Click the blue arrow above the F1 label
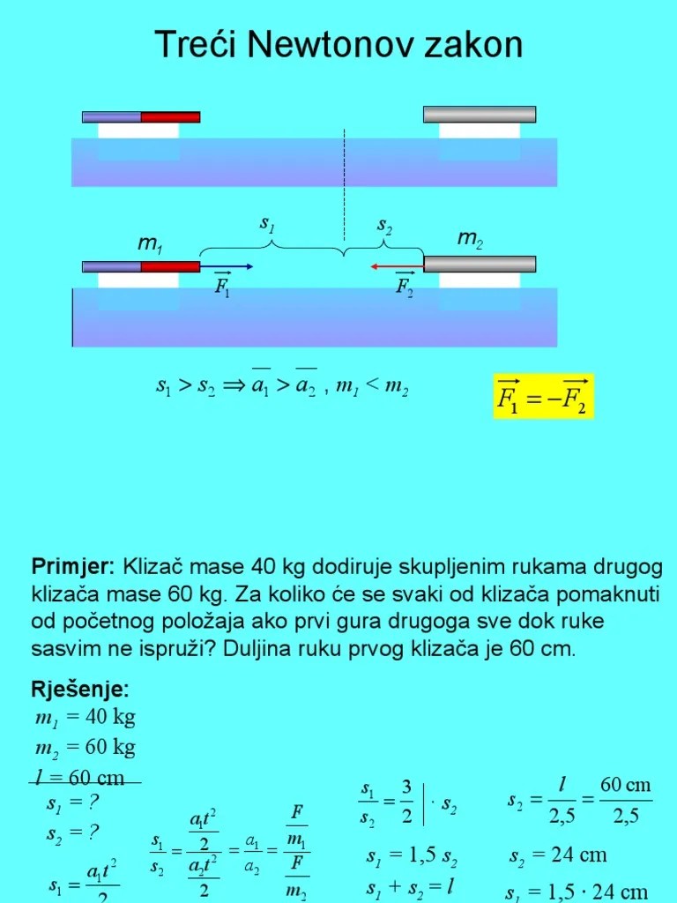point(227,265)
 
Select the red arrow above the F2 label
point(397,265)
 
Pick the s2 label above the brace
point(385,226)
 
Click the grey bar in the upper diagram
point(480,114)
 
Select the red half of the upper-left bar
point(170,116)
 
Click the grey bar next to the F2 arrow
point(480,264)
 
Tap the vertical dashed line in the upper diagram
point(345,159)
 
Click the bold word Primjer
point(72,565)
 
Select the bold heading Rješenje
point(80,688)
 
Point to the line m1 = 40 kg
point(85,716)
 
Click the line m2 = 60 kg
point(85,748)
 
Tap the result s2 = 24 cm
point(558,854)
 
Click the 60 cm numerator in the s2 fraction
point(625,785)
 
